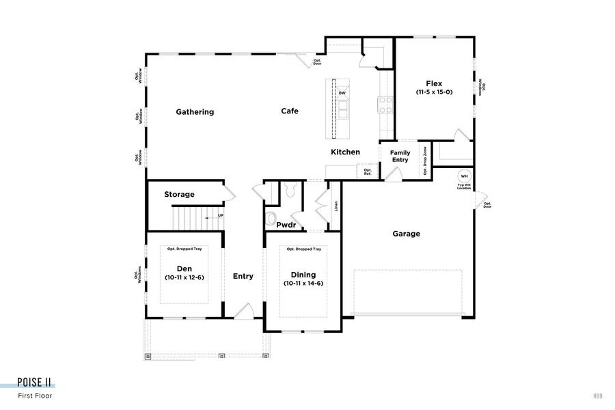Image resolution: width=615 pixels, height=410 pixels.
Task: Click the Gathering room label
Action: point(195,112)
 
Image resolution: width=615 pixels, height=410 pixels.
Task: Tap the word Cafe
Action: point(290,111)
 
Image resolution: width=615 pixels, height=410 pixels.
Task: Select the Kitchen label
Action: point(346,152)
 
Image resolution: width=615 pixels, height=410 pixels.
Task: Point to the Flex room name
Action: point(434,84)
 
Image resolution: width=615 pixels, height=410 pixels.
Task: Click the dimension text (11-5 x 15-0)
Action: point(434,92)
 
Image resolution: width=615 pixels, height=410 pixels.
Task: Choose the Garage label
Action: point(406,234)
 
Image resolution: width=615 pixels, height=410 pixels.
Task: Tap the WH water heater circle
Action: point(463,176)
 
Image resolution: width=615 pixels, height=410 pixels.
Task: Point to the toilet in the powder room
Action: point(271,219)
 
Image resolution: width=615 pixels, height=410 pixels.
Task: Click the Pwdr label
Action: point(286,224)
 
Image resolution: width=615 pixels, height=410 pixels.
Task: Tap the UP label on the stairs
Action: point(220,216)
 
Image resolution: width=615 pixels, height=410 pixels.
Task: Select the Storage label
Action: point(179,195)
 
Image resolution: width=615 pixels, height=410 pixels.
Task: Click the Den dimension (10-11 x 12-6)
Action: point(184,277)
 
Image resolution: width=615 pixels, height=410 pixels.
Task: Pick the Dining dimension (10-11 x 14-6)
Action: point(303,283)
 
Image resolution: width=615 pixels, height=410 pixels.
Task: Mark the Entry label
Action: point(243,276)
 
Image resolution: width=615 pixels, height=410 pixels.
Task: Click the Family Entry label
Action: point(400,156)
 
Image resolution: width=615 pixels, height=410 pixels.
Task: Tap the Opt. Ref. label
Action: point(368,172)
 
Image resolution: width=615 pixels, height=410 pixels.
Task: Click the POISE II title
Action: point(35,382)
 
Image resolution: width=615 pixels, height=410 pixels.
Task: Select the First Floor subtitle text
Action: point(35,395)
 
